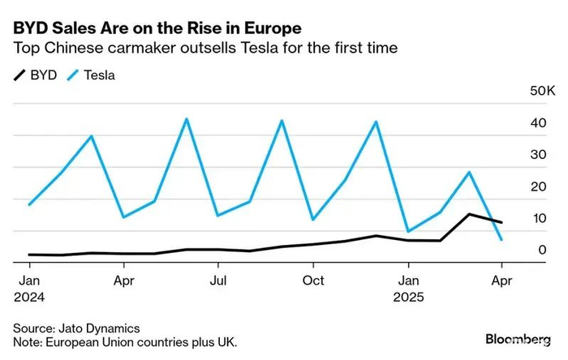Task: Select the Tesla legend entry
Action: [93, 75]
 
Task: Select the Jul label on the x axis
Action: [217, 280]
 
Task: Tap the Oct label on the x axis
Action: [312, 280]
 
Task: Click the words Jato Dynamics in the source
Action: [97, 328]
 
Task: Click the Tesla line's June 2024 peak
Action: [187, 119]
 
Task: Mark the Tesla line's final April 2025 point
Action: [502, 240]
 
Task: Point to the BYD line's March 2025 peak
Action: [470, 214]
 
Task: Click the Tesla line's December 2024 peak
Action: [376, 122]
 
